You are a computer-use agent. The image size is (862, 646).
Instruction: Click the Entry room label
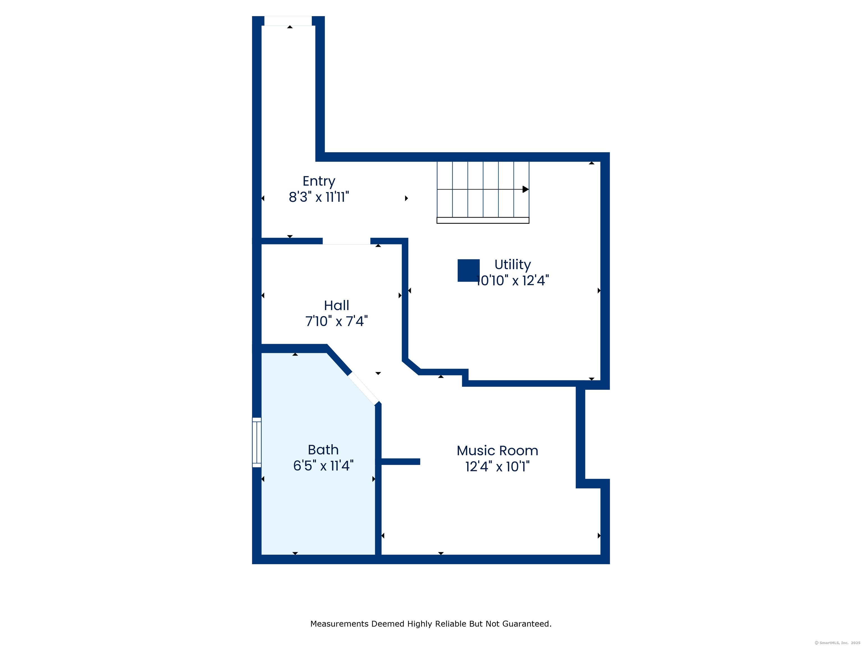(319, 181)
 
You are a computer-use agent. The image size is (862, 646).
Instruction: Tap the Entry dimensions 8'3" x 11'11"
(319, 197)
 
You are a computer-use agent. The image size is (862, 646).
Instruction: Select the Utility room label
(512, 264)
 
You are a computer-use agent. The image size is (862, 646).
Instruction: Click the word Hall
(336, 305)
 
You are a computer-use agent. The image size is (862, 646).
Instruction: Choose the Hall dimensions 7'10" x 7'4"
(336, 321)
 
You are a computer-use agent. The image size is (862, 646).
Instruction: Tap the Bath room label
(323, 450)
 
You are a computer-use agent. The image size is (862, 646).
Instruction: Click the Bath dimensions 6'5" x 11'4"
(323, 466)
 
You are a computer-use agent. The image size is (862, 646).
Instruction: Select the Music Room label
(497, 451)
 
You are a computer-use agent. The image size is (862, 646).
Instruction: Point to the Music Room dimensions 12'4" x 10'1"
(497, 467)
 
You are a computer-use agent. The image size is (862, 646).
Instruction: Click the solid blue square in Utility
(468, 270)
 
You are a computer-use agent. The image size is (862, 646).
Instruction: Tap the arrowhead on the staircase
(525, 189)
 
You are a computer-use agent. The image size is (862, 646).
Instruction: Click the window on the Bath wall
(256, 442)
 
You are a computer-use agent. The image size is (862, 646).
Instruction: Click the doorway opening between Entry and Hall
(346, 241)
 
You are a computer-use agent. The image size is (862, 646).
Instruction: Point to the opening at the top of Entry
(288, 21)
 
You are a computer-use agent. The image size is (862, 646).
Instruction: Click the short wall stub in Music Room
(400, 462)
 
